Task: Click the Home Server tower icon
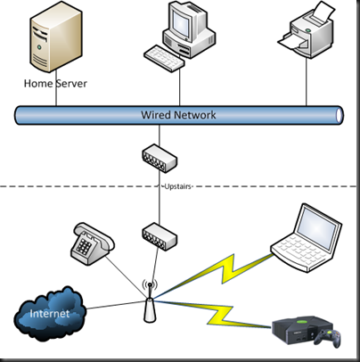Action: [56, 38]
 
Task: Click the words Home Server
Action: [55, 84]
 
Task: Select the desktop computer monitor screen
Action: [181, 21]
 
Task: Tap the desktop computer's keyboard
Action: [164, 58]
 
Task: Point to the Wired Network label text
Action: [178, 115]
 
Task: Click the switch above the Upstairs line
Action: [160, 158]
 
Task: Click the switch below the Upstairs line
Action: [160, 237]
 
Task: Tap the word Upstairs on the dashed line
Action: [177, 186]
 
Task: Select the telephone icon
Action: [93, 243]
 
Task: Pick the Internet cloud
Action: [50, 313]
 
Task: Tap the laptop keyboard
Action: [300, 253]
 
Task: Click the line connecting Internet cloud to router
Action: [116, 305]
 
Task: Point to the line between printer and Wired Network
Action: [307, 82]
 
